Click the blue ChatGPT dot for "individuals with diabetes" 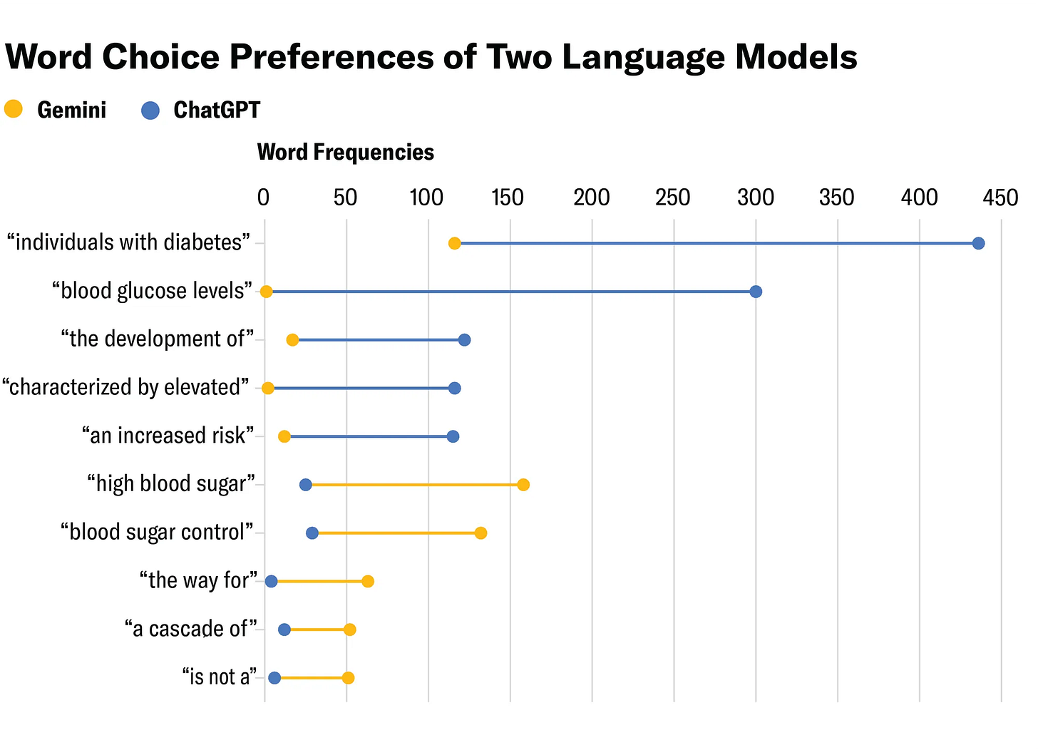pyautogui.click(x=978, y=244)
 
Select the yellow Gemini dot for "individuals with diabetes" pyautogui.click(x=454, y=244)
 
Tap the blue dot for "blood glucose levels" pyautogui.click(x=756, y=292)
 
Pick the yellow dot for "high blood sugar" pyautogui.click(x=523, y=485)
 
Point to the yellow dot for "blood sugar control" pyautogui.click(x=481, y=533)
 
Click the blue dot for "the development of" pyautogui.click(x=464, y=340)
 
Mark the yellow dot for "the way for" pyautogui.click(x=367, y=581)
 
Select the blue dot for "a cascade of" pyautogui.click(x=284, y=630)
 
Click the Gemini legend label pyautogui.click(x=71, y=111)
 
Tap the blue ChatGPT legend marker pyautogui.click(x=150, y=111)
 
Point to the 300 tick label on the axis pyautogui.click(x=756, y=197)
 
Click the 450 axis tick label pyautogui.click(x=1001, y=197)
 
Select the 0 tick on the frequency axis pyautogui.click(x=264, y=197)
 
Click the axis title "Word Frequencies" pyautogui.click(x=345, y=153)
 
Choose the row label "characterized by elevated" pyautogui.click(x=126, y=388)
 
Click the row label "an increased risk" pyautogui.click(x=168, y=436)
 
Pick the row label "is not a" pyautogui.click(x=219, y=677)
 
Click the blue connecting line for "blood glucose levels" pyautogui.click(x=510, y=292)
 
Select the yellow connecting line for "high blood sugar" pyautogui.click(x=413, y=485)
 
